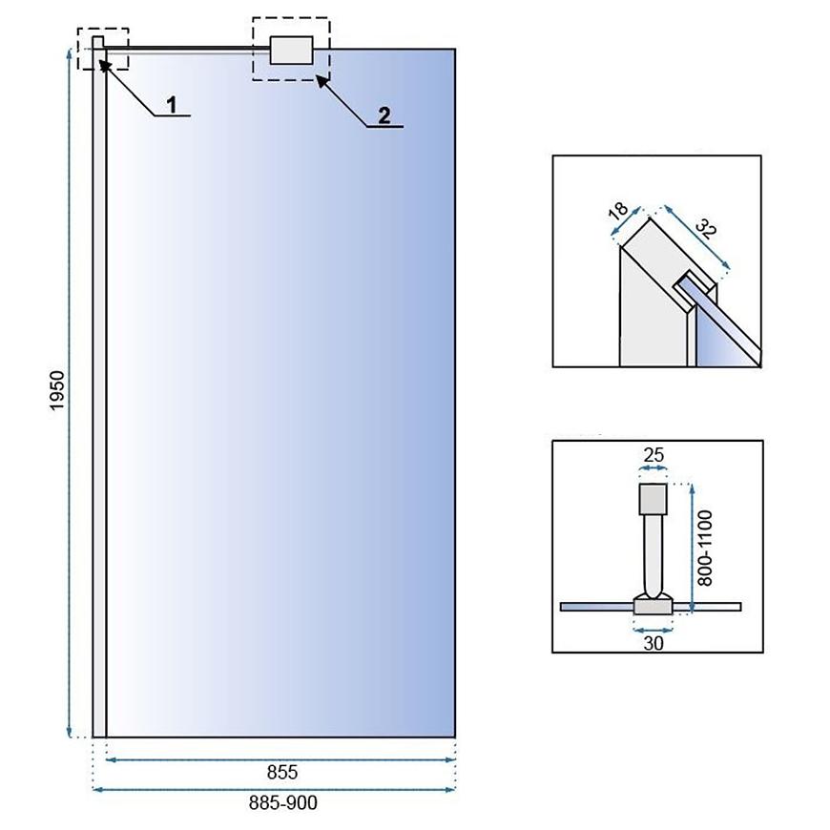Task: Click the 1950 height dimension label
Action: click(56, 390)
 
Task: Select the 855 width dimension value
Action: click(282, 773)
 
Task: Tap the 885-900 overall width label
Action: click(283, 802)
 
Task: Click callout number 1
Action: click(172, 105)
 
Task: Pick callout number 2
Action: click(384, 115)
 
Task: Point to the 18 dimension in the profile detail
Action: click(618, 211)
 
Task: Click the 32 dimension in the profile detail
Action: click(706, 228)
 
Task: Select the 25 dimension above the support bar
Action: click(654, 455)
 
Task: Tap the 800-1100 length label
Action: click(705, 548)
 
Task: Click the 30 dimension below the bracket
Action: click(654, 643)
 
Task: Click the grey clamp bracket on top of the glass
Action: click(291, 51)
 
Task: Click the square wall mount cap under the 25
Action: click(653, 499)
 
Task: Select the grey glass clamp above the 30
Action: click(654, 604)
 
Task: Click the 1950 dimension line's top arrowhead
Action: click(69, 52)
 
